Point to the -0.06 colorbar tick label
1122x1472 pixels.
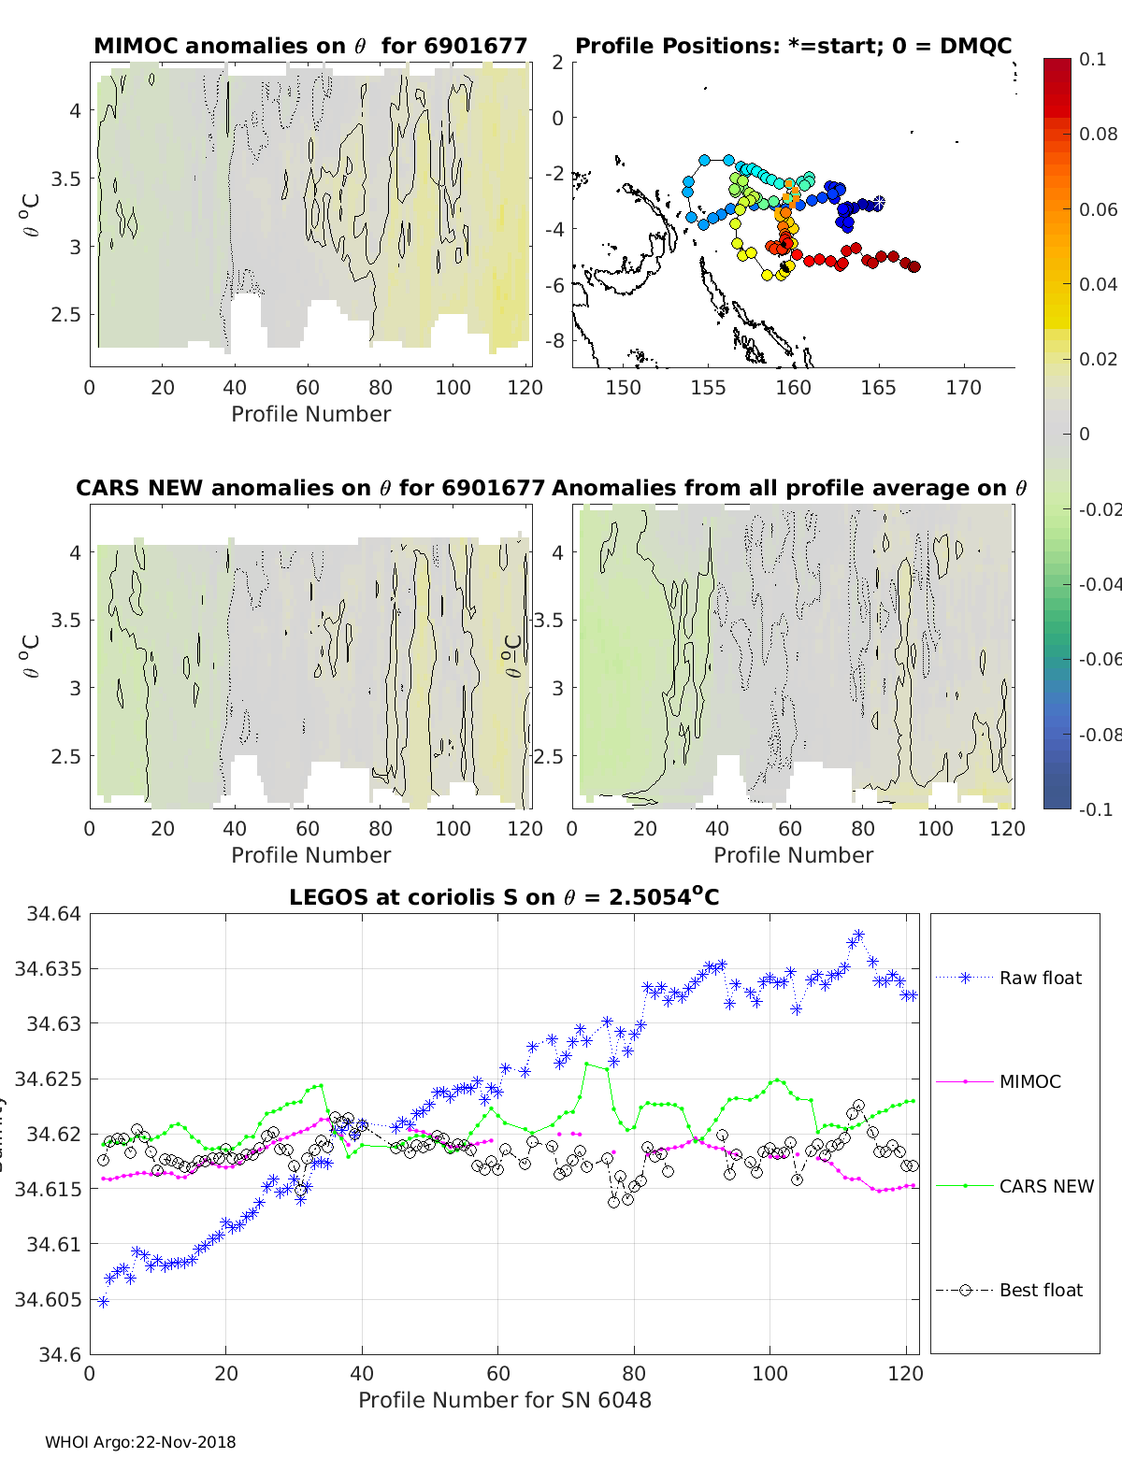[x=1098, y=659]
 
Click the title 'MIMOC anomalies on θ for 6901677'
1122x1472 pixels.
[x=310, y=46]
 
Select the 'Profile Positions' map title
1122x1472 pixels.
[x=793, y=46]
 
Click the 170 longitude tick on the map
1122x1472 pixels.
[x=963, y=388]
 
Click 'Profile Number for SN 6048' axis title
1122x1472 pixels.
[x=504, y=1400]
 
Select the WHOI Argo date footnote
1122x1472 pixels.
[x=140, y=1442]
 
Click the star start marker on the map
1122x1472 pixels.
[x=878, y=203]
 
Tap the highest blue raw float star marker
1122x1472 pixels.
[x=858, y=936]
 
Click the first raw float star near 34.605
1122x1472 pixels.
[x=103, y=1301]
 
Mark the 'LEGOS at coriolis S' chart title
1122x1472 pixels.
[x=504, y=897]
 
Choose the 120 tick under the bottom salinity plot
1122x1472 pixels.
[x=905, y=1373]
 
